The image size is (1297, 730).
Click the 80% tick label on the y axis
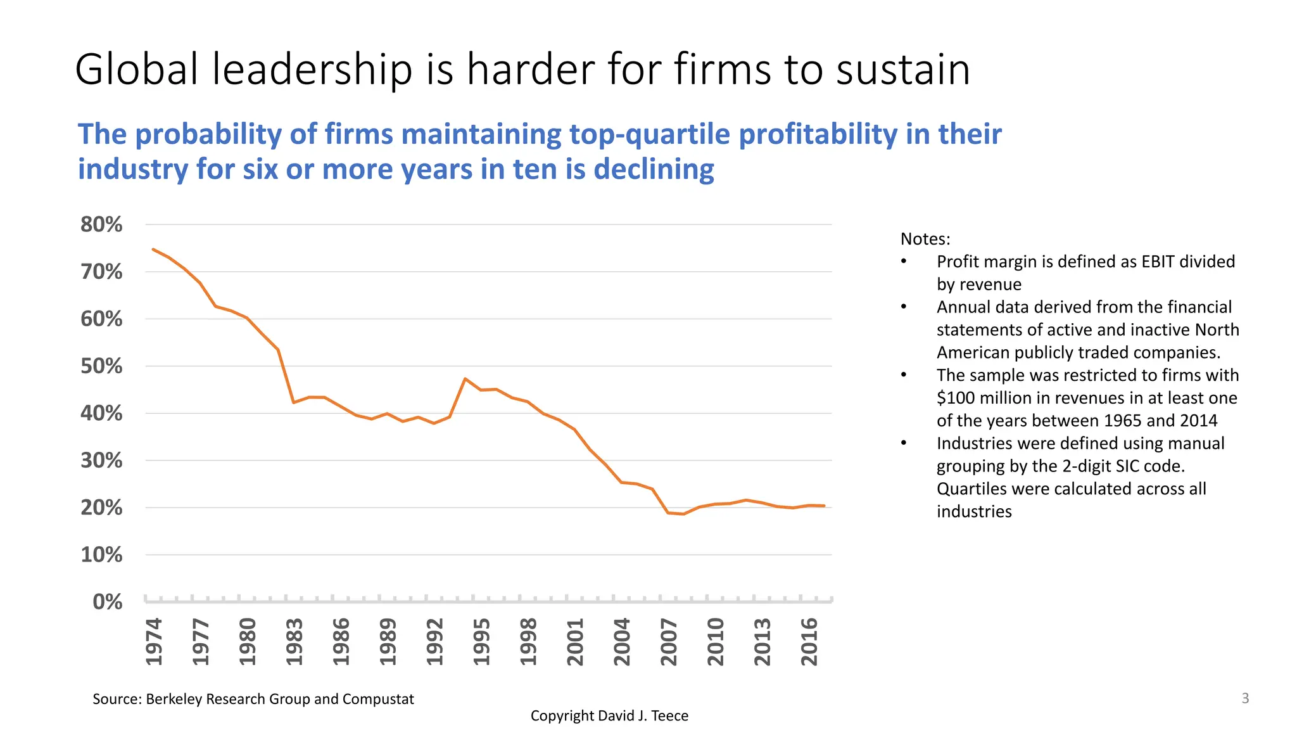(x=101, y=224)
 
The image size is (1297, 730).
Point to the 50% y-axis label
(x=101, y=366)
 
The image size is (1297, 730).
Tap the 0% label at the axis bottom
(x=107, y=601)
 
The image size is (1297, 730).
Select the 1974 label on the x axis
(x=154, y=642)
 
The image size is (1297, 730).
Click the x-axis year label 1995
(x=482, y=642)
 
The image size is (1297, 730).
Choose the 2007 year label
(x=669, y=642)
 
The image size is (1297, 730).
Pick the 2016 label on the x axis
(x=810, y=642)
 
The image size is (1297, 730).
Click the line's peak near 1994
(x=465, y=379)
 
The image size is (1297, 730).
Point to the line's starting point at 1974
(x=153, y=249)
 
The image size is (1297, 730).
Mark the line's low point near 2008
(x=683, y=514)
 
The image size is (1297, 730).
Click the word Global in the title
(x=136, y=69)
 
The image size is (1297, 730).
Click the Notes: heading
(x=925, y=239)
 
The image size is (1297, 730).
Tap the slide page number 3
(x=1245, y=698)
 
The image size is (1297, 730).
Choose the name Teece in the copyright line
(x=669, y=715)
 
